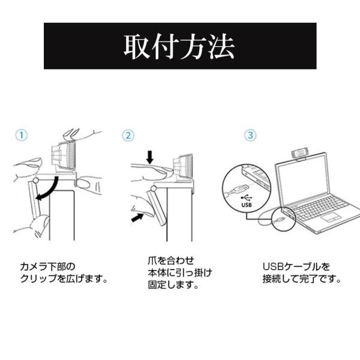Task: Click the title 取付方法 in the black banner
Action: pyautogui.click(x=179, y=46)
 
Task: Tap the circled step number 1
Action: pyautogui.click(x=21, y=135)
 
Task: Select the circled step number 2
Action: pyautogui.click(x=128, y=136)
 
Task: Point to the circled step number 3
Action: pyautogui.click(x=250, y=135)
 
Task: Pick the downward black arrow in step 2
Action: pyautogui.click(x=150, y=157)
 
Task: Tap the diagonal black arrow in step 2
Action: pyautogui.click(x=137, y=217)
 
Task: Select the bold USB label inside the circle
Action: pyautogui.click(x=247, y=205)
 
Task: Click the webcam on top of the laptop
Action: pyautogui.click(x=299, y=154)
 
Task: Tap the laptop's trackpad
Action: pyautogui.click(x=331, y=217)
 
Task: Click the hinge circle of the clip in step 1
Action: pyautogui.click(x=35, y=181)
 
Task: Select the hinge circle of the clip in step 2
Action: pyautogui.click(x=153, y=189)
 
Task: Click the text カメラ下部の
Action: pyautogui.click(x=48, y=267)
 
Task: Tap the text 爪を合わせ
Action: pyautogui.click(x=171, y=260)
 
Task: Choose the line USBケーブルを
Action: pyautogui.click(x=296, y=267)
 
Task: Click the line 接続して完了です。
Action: pyautogui.click(x=301, y=279)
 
